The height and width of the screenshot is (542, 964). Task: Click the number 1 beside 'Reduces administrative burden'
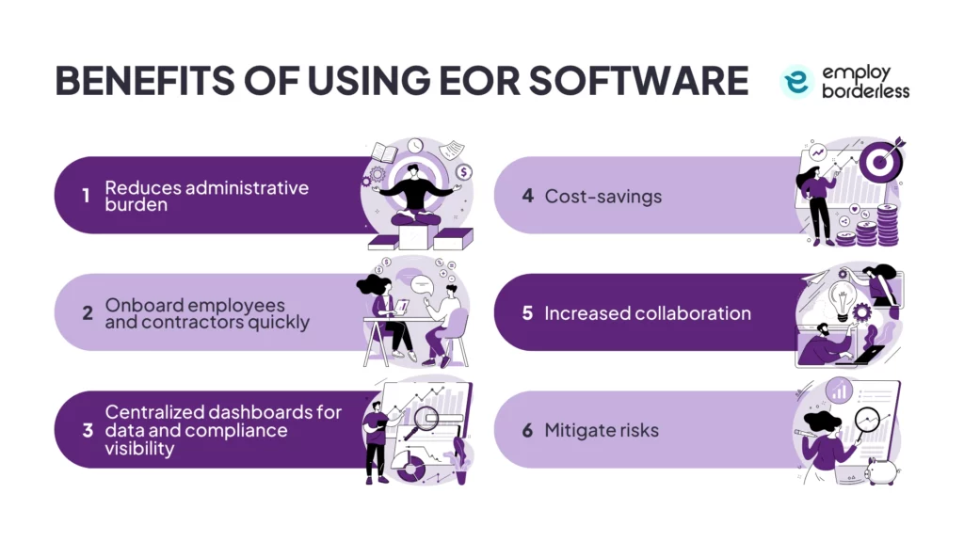tap(86, 196)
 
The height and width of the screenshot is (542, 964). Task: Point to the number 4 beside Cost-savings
tap(528, 196)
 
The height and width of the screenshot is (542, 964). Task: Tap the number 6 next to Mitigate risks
tap(528, 430)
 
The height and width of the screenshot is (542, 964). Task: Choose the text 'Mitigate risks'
tap(602, 430)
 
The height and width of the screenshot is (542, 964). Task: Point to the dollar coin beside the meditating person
tap(464, 172)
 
